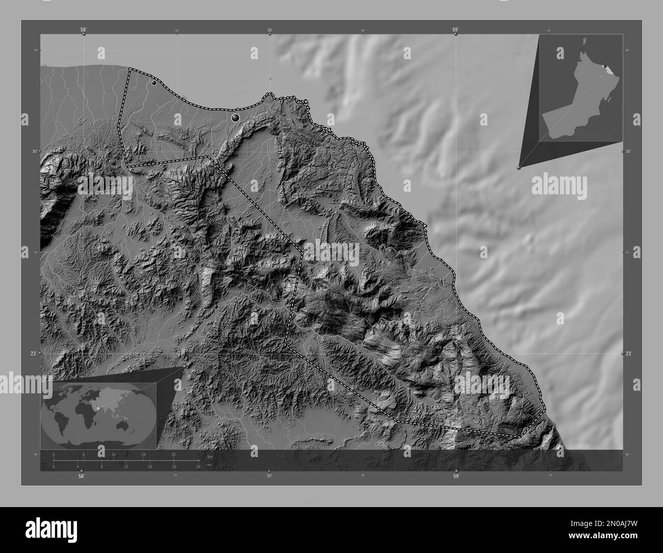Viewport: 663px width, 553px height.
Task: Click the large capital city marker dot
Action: pos(235,118)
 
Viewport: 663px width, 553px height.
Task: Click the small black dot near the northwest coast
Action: pos(154,83)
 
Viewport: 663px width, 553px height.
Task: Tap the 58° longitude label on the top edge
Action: pos(83,30)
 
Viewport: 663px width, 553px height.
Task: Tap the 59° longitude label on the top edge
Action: pos(455,30)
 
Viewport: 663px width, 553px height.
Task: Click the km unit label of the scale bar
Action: pos(210,456)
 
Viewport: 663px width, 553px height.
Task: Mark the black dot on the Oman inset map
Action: pos(604,66)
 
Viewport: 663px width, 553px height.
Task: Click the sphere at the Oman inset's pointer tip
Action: pos(519,167)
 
